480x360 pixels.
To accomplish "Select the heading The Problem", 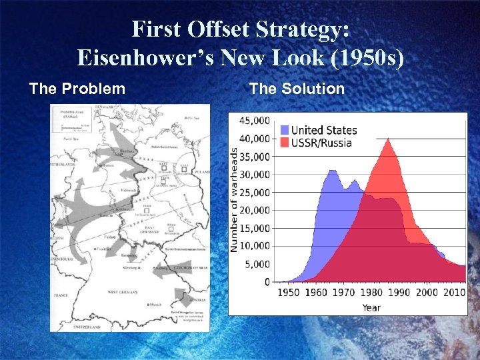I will pyautogui.click(x=77, y=89).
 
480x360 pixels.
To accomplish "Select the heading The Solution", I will pyautogui.click(x=297, y=89).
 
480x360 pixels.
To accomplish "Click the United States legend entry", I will pyautogui.click(x=323, y=130).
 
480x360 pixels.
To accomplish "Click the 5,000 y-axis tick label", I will pyautogui.click(x=257, y=265).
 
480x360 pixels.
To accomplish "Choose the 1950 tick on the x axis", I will pyautogui.click(x=288, y=293).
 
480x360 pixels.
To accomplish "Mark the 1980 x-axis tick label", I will pyautogui.click(x=371, y=293).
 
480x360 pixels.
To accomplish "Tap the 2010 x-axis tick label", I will pyautogui.click(x=454, y=293).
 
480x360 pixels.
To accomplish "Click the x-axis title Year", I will pyautogui.click(x=371, y=307).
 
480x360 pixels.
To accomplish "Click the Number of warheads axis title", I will pyautogui.click(x=234, y=201).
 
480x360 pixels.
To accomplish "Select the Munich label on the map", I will pyautogui.click(x=155, y=305).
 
